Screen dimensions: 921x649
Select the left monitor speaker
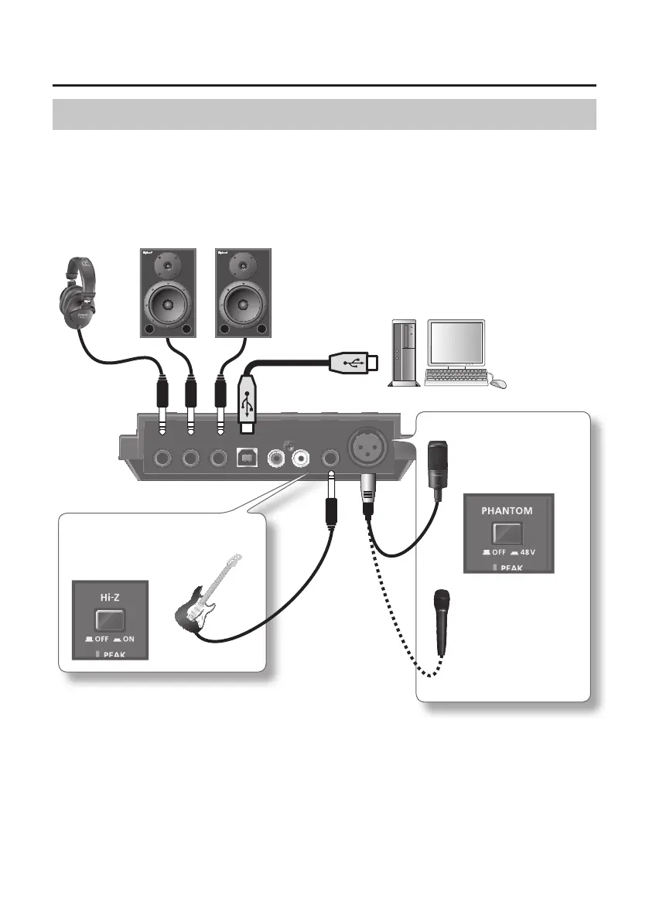click(x=166, y=292)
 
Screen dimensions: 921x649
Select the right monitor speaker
click(x=243, y=292)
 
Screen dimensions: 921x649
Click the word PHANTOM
click(x=508, y=510)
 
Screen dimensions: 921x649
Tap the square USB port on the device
click(x=245, y=459)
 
